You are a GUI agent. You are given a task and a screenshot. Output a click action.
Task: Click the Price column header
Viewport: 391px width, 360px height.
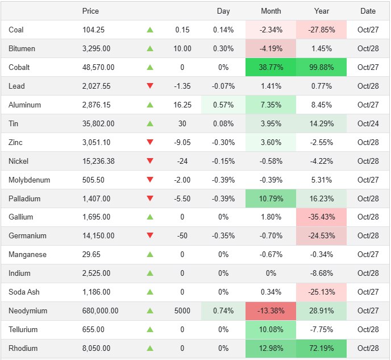click(90, 11)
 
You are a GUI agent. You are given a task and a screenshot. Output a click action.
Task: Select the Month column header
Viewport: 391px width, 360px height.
click(271, 11)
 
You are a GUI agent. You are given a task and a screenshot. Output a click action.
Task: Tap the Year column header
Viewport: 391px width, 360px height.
click(322, 11)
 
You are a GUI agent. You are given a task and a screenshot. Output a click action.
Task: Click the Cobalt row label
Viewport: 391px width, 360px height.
click(19, 67)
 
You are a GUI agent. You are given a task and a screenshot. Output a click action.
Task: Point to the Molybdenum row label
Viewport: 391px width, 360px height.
click(30, 180)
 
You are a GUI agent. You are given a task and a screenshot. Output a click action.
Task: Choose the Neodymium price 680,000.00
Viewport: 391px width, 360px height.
click(101, 311)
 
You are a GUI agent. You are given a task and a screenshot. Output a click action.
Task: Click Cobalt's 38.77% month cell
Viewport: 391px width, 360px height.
click(271, 67)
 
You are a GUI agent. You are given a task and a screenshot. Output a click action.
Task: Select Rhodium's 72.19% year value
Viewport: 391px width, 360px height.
click(322, 349)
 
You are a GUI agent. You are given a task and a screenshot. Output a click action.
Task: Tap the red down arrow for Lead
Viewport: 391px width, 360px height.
click(150, 86)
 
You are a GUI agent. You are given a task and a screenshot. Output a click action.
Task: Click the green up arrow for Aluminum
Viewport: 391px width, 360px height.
click(150, 105)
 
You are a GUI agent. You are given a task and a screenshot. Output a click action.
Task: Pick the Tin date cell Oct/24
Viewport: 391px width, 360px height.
click(368, 123)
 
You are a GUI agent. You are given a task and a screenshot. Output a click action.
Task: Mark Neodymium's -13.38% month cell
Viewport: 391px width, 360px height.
click(271, 311)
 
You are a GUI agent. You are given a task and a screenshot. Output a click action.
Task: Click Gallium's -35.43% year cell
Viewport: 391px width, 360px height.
click(322, 217)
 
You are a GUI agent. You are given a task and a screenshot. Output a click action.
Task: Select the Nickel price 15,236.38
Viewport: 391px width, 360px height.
click(98, 161)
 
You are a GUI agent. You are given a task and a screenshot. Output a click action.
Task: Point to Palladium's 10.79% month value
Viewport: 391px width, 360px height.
click(271, 198)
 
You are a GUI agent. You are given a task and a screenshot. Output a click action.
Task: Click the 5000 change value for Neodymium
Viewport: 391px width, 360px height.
click(182, 311)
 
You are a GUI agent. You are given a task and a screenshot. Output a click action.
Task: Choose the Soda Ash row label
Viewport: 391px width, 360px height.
click(24, 292)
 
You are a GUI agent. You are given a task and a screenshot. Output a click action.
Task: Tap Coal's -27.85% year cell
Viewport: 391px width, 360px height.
click(322, 30)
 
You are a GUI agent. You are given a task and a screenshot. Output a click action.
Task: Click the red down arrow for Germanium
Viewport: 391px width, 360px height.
click(150, 236)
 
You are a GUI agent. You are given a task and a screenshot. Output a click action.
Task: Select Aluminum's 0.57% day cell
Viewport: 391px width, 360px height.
click(223, 105)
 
